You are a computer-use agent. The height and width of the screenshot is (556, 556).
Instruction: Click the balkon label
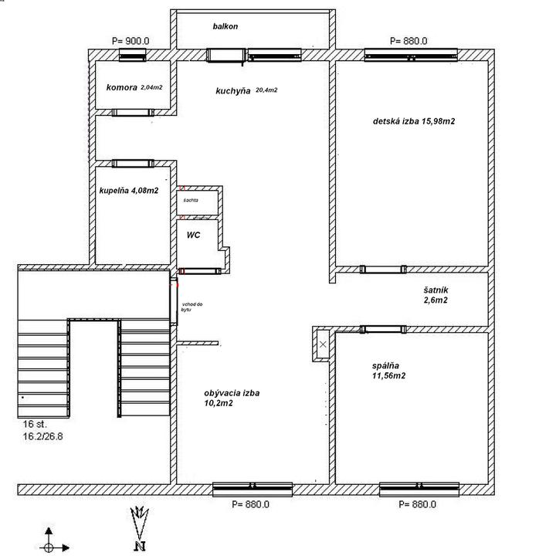pos(225,26)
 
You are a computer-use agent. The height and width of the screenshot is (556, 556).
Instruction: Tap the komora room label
pos(122,87)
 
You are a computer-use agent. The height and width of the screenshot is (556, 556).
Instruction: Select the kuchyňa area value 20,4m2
pos(266,90)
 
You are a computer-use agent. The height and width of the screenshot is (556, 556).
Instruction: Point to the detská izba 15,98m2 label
pos(414,121)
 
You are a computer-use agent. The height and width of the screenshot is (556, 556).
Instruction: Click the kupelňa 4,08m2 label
pos(129,191)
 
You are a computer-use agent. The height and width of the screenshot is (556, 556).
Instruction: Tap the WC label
pos(193,235)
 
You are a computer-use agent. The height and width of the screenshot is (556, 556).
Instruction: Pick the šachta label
pos(191,200)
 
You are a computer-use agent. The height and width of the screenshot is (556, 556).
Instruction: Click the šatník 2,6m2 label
pos(436,295)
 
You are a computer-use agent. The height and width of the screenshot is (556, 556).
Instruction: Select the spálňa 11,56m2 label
pos(388,371)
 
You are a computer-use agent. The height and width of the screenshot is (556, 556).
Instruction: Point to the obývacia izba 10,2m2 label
pos(232,398)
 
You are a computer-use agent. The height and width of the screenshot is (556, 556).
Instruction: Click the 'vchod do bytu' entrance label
pos(192,307)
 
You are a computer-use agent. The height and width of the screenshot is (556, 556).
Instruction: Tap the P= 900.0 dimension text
pos(131,41)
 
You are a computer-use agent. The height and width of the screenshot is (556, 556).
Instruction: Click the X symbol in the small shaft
pos(323,344)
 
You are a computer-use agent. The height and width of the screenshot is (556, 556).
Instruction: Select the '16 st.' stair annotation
pos(35,424)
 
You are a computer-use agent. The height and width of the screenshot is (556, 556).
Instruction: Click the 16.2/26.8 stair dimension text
pos(43,436)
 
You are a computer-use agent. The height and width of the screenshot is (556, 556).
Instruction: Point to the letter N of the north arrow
pos(141,546)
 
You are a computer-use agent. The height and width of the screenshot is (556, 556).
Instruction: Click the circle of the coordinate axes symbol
pos(49,548)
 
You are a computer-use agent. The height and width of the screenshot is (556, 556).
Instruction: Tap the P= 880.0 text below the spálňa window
pos(417,504)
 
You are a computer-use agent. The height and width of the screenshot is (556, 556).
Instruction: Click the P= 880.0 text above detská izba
pos(409,41)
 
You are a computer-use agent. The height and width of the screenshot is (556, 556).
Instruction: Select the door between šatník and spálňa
pos(383,330)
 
